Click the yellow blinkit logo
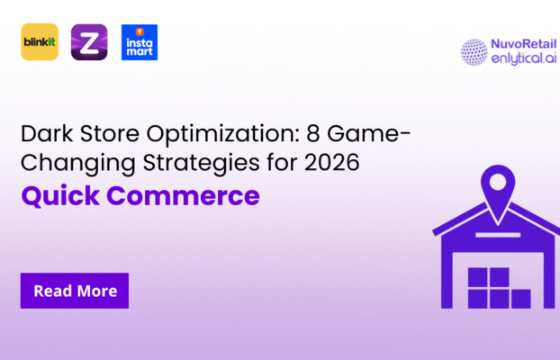pos(40,42)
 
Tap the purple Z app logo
pos(89,42)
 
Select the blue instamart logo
pos(140,42)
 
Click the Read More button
pos(75,291)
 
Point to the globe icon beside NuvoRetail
pos(474,51)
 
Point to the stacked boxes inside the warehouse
pos(492,286)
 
